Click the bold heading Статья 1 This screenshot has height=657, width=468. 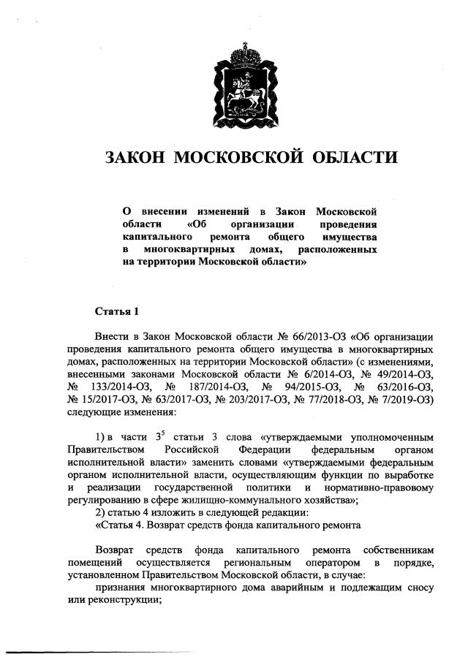(x=116, y=311)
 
